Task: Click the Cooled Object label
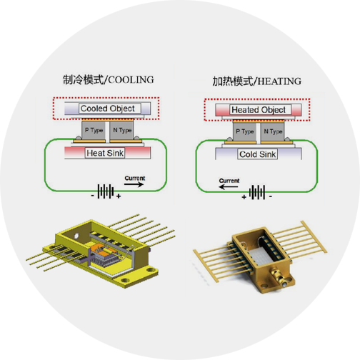pos(108,109)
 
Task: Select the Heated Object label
pos(259,110)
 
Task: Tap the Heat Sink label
pos(105,153)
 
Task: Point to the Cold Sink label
pos(257,154)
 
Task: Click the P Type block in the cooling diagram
pos(94,130)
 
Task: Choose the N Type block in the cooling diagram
pos(121,130)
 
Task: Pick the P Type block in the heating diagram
pos(244,131)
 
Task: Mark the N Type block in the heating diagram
pos(273,131)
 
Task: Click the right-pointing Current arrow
pos(134,184)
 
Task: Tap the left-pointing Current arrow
pos(229,186)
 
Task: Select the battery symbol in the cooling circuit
pos(106,191)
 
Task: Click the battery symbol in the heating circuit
pos(257,192)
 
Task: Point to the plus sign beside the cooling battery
pos(119,196)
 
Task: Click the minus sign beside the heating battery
pos(271,196)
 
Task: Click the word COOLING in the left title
pos(131,80)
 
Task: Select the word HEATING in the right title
pos(279,81)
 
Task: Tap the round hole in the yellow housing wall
pos(76,236)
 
